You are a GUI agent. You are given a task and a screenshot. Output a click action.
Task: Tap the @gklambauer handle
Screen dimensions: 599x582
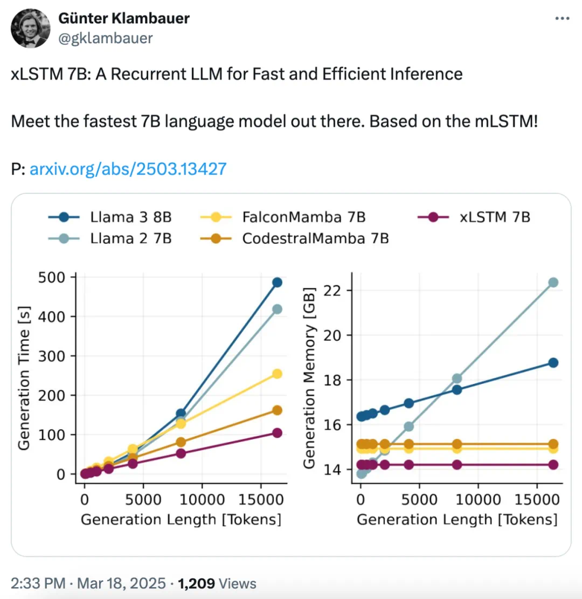coord(105,38)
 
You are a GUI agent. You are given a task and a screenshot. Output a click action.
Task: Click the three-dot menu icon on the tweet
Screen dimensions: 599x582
coord(562,18)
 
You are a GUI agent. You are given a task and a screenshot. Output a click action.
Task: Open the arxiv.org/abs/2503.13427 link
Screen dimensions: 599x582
coord(128,169)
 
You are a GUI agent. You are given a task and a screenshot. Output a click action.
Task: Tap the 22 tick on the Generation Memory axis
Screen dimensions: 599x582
coord(333,291)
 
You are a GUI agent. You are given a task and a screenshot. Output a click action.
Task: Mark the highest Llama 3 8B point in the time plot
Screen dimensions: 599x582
coord(277,283)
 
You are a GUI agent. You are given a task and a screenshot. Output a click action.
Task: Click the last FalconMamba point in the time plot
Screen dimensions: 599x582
coord(277,374)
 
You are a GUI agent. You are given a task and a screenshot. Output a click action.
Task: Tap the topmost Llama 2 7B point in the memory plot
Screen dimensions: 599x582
coord(553,283)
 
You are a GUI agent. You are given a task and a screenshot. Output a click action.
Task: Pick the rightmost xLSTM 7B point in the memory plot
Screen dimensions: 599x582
coord(553,465)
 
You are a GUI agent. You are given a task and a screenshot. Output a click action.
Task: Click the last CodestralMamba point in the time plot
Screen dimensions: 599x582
coord(277,410)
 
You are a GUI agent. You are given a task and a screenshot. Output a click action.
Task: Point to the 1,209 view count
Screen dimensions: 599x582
coord(197,583)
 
